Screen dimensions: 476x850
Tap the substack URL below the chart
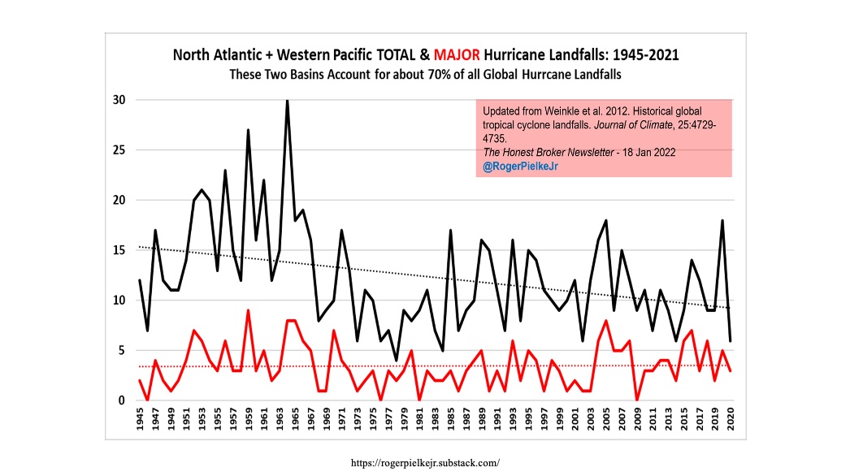click(x=425, y=463)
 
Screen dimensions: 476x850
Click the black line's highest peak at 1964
click(x=287, y=101)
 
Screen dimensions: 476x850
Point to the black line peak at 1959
click(x=248, y=130)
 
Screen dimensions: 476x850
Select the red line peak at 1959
click(x=248, y=310)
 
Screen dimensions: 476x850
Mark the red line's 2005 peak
click(x=606, y=321)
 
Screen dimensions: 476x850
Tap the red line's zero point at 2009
click(x=637, y=400)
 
